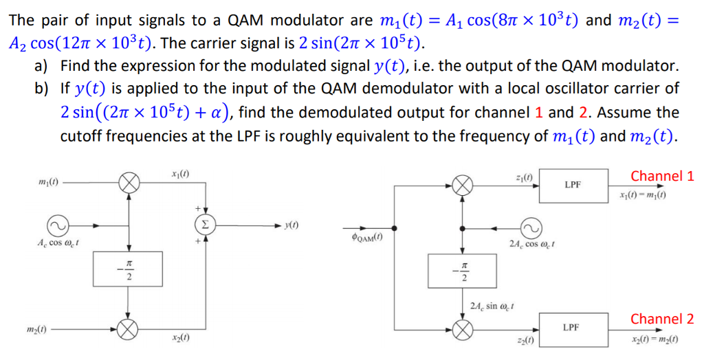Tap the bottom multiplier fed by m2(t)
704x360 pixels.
pyautogui.click(x=129, y=329)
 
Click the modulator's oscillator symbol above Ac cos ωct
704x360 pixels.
pyautogui.click(x=57, y=225)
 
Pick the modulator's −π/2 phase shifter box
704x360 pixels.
pyautogui.click(x=129, y=269)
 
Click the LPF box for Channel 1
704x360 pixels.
pyautogui.click(x=573, y=185)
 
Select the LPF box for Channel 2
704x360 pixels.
pyautogui.click(x=573, y=329)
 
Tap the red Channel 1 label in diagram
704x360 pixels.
pyautogui.click(x=662, y=176)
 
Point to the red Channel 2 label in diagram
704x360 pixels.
pyautogui.click(x=662, y=319)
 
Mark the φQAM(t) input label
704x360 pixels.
pyautogui.click(x=367, y=238)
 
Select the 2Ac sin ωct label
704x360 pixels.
pyautogui.click(x=493, y=305)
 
